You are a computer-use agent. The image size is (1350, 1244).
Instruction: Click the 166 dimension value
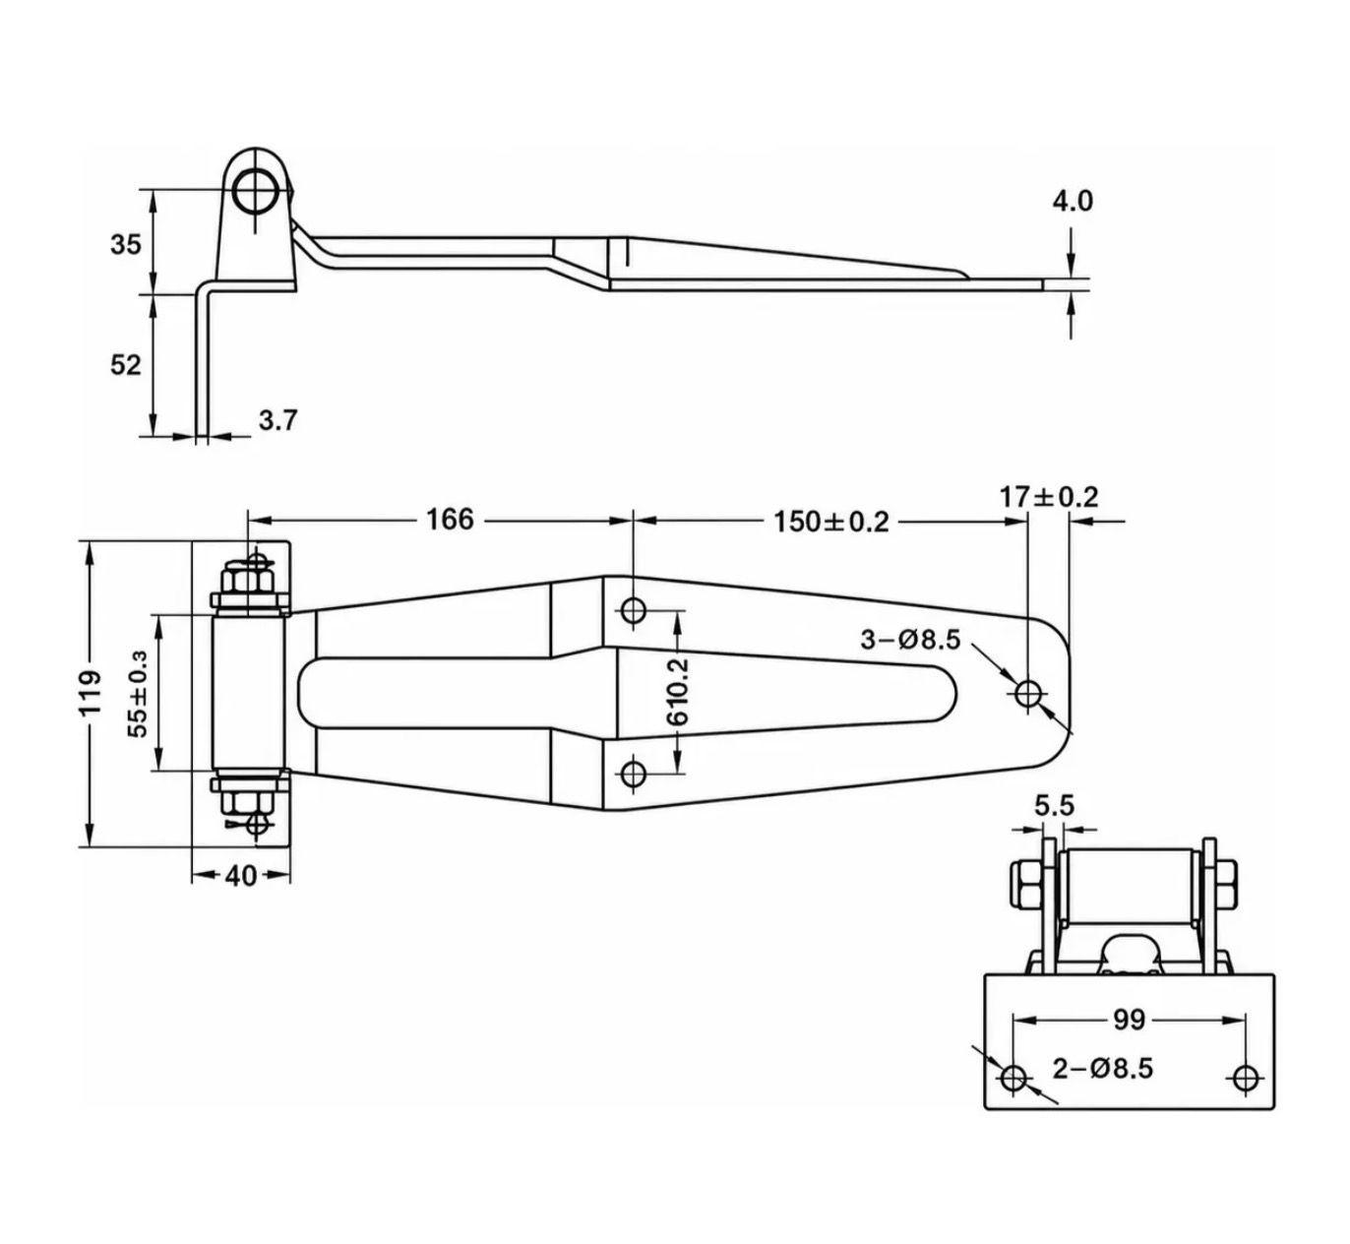click(x=450, y=520)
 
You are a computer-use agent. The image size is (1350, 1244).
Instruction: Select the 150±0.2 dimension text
click(x=831, y=522)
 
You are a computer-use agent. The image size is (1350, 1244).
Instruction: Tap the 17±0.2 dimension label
click(x=1049, y=497)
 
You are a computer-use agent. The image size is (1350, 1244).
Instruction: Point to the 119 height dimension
click(x=91, y=694)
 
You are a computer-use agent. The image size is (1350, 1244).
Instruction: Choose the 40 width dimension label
click(x=241, y=876)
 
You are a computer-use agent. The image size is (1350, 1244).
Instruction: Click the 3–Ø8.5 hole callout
click(x=910, y=640)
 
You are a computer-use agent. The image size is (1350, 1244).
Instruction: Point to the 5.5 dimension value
click(x=1055, y=806)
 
